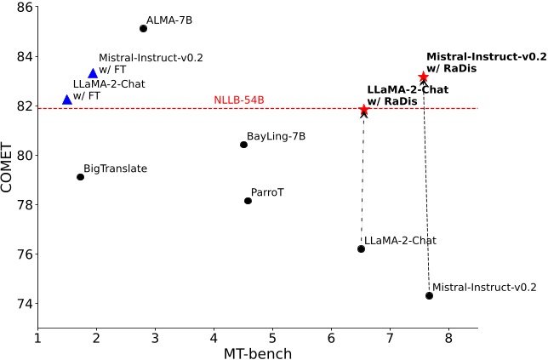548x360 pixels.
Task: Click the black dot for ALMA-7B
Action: pyautogui.click(x=143, y=28)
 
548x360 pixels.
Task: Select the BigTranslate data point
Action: pyautogui.click(x=80, y=177)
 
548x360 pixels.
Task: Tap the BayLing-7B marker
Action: pyautogui.click(x=243, y=145)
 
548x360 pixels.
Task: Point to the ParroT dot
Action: pyautogui.click(x=248, y=201)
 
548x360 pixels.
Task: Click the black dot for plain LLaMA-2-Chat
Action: pyautogui.click(x=361, y=249)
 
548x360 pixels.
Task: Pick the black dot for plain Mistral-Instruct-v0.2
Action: pyautogui.click(x=429, y=295)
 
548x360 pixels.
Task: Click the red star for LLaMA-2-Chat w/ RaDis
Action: pyautogui.click(x=364, y=110)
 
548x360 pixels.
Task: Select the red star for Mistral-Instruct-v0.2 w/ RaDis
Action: pyautogui.click(x=424, y=77)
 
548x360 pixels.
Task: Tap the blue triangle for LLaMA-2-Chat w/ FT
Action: pyautogui.click(x=67, y=100)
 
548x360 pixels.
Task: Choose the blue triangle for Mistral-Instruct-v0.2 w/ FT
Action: pyautogui.click(x=93, y=73)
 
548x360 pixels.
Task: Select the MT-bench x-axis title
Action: pyautogui.click(x=257, y=351)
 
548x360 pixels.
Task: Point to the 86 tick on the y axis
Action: pyautogui.click(x=25, y=8)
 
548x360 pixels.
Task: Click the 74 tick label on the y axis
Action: pyautogui.click(x=25, y=304)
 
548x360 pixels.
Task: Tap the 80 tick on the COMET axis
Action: pyautogui.click(x=25, y=156)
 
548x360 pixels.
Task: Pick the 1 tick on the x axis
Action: pyautogui.click(x=37, y=337)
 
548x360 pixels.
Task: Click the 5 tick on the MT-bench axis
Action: pyautogui.click(x=272, y=337)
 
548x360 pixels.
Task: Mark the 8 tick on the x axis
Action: pyautogui.click(x=448, y=337)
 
